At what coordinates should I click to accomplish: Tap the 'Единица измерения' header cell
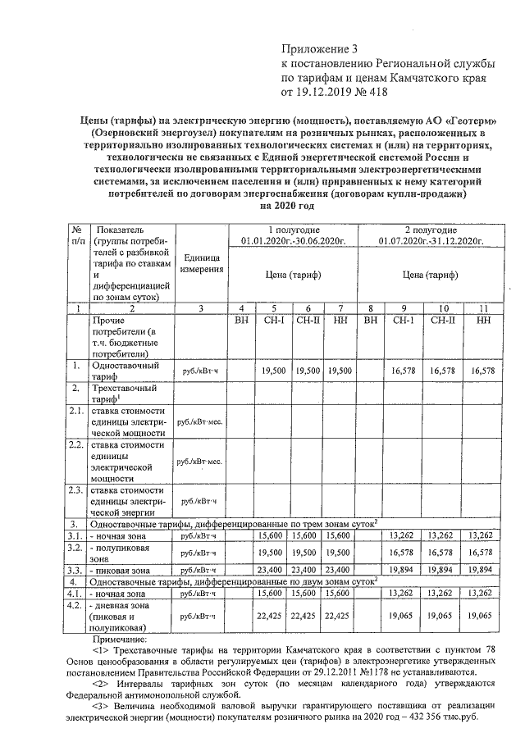click(x=201, y=262)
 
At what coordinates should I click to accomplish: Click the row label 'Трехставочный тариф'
click(x=123, y=391)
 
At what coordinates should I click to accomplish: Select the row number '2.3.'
click(x=75, y=491)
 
